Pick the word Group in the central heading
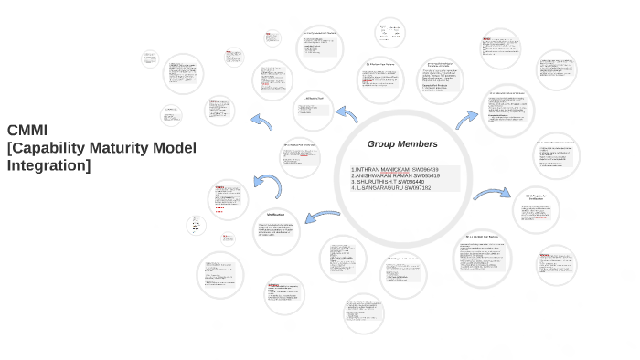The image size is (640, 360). [x=385, y=144]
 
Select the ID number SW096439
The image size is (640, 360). [x=425, y=170]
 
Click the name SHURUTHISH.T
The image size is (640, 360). [x=378, y=182]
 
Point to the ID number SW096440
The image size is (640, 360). [x=412, y=182]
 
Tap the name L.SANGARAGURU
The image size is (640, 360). [x=379, y=188]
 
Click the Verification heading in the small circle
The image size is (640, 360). [x=275, y=215]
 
